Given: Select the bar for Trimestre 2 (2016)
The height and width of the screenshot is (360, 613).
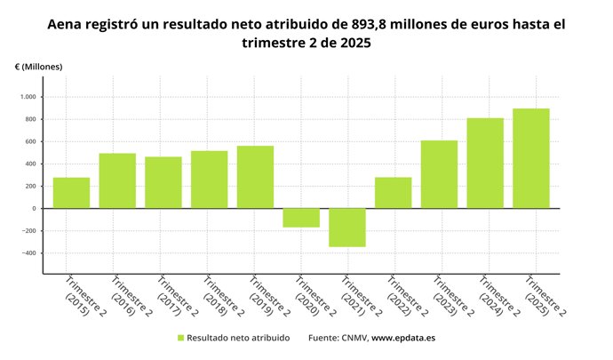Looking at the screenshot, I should [x=117, y=180].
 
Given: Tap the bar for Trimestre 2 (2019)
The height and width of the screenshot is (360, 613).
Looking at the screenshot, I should [x=255, y=177].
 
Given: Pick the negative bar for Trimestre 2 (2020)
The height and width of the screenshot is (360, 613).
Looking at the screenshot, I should [x=301, y=218].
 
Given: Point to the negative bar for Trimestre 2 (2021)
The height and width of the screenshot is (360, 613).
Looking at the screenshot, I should [x=347, y=228].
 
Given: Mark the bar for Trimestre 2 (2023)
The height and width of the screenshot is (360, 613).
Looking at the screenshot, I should [x=439, y=174].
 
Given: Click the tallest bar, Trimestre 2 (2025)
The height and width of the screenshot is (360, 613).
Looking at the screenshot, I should [x=531, y=158].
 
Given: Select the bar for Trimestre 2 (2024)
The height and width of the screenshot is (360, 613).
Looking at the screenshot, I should [x=485, y=163].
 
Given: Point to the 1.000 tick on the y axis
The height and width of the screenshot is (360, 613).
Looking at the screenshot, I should [x=26, y=97].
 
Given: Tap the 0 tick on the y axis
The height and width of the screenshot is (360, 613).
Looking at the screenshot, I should [x=33, y=208].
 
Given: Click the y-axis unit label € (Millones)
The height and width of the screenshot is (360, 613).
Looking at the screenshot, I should [x=38, y=67].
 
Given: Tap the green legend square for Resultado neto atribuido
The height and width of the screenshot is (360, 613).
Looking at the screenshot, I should [x=181, y=338].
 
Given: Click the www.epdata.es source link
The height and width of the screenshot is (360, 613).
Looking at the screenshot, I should [x=402, y=338].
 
